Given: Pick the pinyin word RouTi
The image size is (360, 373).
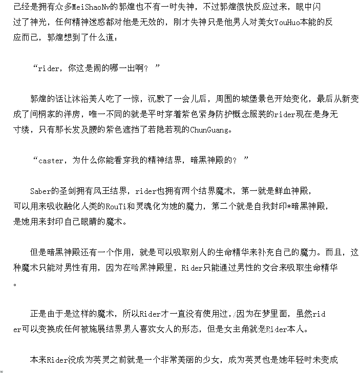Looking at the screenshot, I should click(114, 207).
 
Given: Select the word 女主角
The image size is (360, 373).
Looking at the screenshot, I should click(242, 329).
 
